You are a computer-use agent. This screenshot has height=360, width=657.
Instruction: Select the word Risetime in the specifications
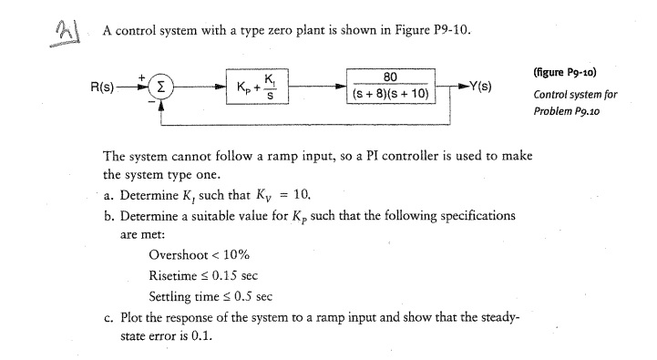(177, 274)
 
